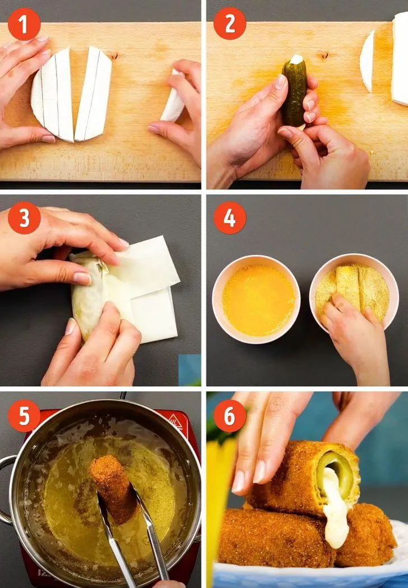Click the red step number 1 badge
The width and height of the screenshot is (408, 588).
coord(24,24)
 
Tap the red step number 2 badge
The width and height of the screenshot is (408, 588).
coord(230,24)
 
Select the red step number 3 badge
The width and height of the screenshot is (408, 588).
coord(24,218)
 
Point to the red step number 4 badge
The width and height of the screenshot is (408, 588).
coord(230,218)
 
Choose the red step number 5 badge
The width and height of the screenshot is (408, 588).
coord(24,416)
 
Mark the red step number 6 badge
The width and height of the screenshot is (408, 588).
coord(230,416)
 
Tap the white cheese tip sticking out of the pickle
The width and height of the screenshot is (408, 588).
coord(296,59)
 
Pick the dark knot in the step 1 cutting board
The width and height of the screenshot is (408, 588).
coord(114,56)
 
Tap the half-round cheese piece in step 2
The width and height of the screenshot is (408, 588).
coord(367,61)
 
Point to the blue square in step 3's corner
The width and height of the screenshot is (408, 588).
coord(189,370)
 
